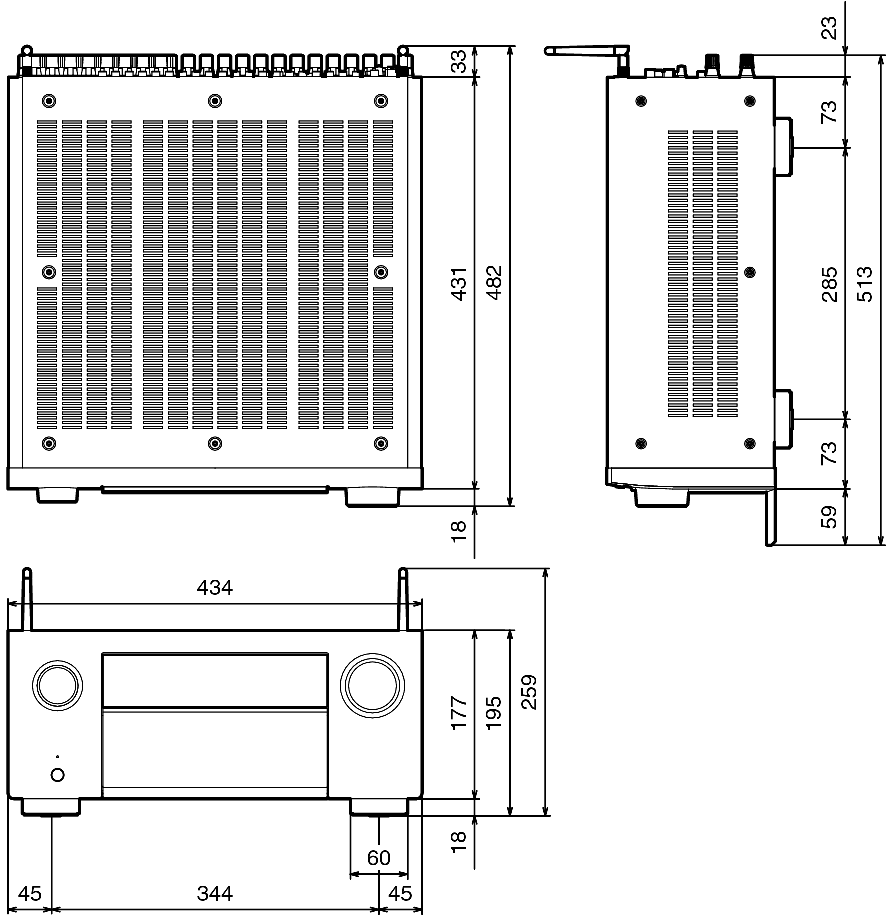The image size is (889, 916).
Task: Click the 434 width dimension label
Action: pos(214,587)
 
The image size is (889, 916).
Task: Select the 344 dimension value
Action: pos(214,893)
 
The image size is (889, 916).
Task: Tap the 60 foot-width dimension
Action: pos(378,858)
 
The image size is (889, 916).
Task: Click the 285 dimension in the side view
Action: pos(829,284)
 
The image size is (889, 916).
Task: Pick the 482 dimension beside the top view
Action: pos(494,282)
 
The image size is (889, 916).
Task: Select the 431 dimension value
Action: pos(459,284)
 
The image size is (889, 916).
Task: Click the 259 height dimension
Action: pos(529,692)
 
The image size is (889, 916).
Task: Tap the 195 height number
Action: pos(493,713)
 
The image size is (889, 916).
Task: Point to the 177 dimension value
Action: pos(459,713)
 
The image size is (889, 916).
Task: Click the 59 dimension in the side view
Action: pos(829,517)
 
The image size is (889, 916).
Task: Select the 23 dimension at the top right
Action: pos(829,28)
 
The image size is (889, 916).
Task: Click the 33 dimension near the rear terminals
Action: pos(459,61)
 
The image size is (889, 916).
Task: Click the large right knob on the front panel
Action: pos(372,685)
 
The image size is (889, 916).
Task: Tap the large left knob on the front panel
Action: pos(57,685)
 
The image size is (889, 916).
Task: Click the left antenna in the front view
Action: pos(27,599)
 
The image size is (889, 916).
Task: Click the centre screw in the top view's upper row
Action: pos(214,101)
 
